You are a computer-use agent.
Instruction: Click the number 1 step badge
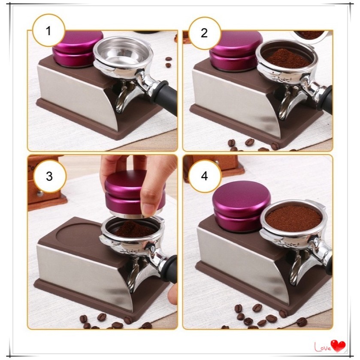(x=48, y=30)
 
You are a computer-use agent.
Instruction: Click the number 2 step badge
(x=204, y=33)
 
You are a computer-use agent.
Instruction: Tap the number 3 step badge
(x=50, y=176)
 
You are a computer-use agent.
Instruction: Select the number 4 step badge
(x=205, y=176)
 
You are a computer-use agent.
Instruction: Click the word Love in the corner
(x=323, y=347)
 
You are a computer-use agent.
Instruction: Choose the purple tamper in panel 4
(x=241, y=211)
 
